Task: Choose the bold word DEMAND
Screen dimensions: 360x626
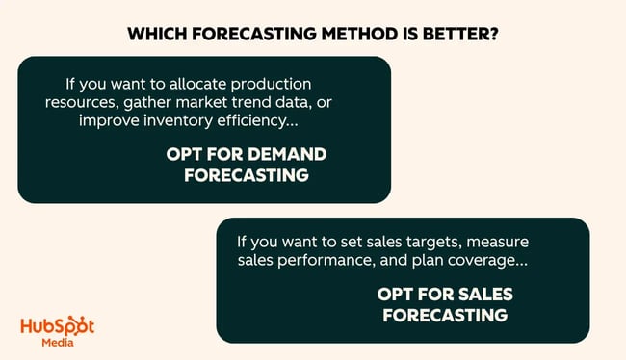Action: click(x=289, y=155)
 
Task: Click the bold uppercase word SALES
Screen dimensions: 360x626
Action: click(x=487, y=293)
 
